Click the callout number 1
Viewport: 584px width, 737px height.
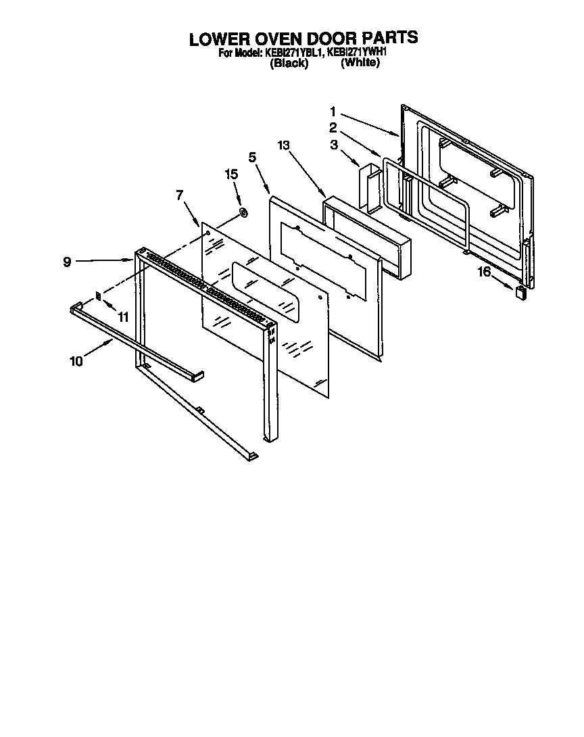(333, 111)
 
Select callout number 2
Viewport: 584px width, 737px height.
(333, 127)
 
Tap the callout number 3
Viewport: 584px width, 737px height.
(333, 144)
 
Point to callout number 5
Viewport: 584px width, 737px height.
(252, 158)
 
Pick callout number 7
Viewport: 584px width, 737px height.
(180, 195)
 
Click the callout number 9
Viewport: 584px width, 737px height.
(68, 261)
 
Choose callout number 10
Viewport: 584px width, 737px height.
(76, 361)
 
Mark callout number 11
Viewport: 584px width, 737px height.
(122, 316)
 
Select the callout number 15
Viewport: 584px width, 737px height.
(231, 174)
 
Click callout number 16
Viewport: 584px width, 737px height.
(484, 272)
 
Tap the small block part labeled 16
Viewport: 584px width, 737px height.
(520, 292)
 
